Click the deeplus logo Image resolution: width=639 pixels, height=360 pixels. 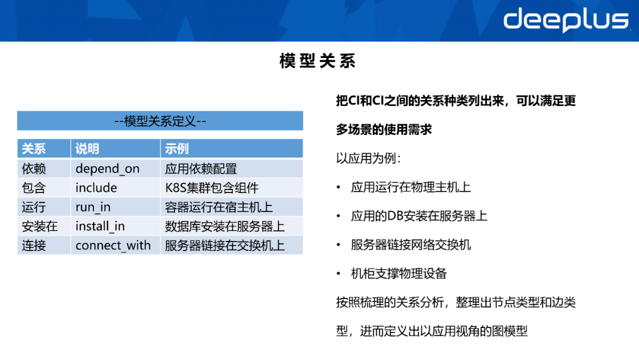[565, 20]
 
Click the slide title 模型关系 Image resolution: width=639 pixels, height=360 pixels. [318, 62]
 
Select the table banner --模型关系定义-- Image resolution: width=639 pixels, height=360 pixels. [160, 121]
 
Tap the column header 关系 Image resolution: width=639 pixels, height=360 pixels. [34, 149]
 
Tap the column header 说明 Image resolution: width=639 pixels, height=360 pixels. [87, 149]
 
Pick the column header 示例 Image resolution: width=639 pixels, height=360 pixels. [177, 149]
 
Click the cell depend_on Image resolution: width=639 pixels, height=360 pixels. [107, 169]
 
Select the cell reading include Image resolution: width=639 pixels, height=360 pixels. [96, 188]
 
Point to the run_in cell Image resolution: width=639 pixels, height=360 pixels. [93, 207]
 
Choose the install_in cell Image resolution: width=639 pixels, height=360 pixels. [100, 226]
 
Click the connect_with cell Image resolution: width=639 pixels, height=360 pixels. [113, 245]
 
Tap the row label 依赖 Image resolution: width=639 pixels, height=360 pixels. [34, 169]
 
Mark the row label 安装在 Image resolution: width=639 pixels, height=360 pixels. [40, 226]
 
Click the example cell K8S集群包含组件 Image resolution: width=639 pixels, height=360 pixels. [212, 188]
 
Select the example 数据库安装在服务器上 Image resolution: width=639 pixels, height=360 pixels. [225, 226]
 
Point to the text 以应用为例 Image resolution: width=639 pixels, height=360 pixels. [368, 159]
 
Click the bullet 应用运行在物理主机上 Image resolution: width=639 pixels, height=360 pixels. [411, 187]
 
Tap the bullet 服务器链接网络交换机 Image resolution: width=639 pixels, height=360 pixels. [411, 245]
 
